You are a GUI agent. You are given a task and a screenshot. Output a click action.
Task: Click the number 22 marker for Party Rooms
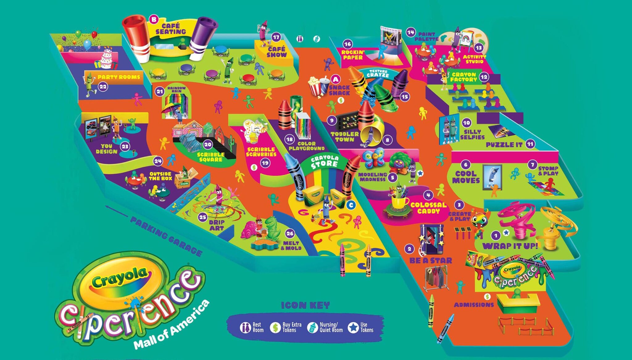click(103, 87)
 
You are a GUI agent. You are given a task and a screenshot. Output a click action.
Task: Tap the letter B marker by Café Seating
click(154, 19)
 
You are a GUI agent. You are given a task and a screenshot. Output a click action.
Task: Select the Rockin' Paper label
click(353, 55)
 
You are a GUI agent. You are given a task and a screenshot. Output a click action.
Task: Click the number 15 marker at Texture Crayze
click(405, 97)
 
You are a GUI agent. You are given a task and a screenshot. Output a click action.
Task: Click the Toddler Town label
click(345, 136)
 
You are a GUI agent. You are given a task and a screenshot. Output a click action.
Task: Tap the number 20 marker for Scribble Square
click(208, 144)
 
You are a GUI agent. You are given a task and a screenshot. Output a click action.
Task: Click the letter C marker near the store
click(351, 205)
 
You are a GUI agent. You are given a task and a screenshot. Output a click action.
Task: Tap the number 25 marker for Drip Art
click(202, 217)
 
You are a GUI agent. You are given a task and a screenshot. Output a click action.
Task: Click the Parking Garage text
click(166, 236)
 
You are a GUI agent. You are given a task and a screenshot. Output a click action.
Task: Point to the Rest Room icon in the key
click(245, 328)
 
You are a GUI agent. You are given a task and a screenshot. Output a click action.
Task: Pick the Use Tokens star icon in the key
click(353, 328)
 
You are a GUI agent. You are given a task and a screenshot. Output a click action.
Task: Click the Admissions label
click(474, 305)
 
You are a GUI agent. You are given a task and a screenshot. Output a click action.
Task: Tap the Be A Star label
click(430, 261)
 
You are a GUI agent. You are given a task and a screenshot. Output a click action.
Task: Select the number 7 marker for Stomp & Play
click(532, 165)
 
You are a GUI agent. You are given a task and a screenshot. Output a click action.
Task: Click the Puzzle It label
click(504, 144)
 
